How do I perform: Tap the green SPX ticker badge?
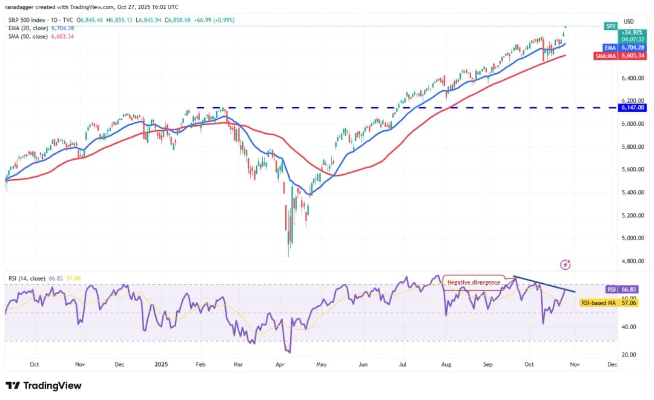point(611,26)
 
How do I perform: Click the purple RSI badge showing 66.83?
point(611,289)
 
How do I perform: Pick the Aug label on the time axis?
point(446,365)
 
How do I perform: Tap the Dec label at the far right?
point(612,365)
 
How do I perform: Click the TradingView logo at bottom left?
point(44,385)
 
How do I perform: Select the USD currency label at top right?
point(629,21)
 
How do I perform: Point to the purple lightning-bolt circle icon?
point(566,264)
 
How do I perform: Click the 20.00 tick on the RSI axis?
point(630,355)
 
